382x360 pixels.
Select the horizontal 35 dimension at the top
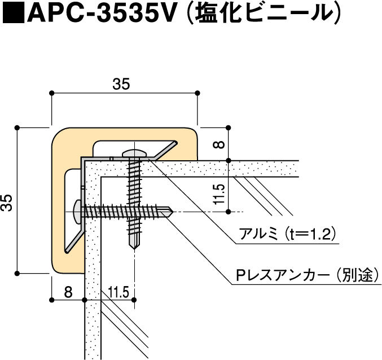[121, 84]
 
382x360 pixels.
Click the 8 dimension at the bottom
[68, 292]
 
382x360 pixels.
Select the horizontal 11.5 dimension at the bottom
[118, 292]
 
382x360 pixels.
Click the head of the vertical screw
[134, 153]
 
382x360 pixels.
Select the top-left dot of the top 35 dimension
[51, 92]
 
